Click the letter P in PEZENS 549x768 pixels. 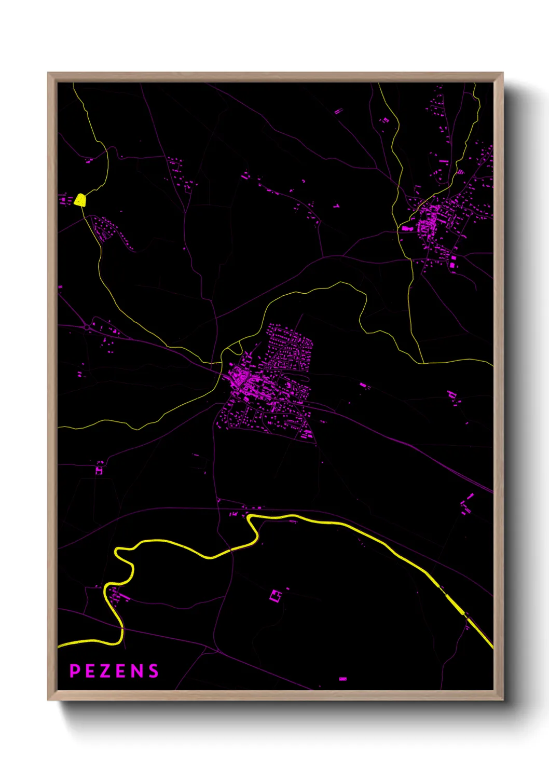75,671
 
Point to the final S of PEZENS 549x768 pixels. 154,671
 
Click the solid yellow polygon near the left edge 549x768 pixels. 80,200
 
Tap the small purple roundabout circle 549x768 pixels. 86,327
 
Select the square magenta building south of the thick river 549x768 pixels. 276,595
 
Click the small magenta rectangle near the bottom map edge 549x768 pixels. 342,678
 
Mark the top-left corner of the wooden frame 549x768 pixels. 48,73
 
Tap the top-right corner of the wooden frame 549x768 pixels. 502,73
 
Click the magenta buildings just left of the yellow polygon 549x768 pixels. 64,199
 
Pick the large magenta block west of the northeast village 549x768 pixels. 405,227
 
